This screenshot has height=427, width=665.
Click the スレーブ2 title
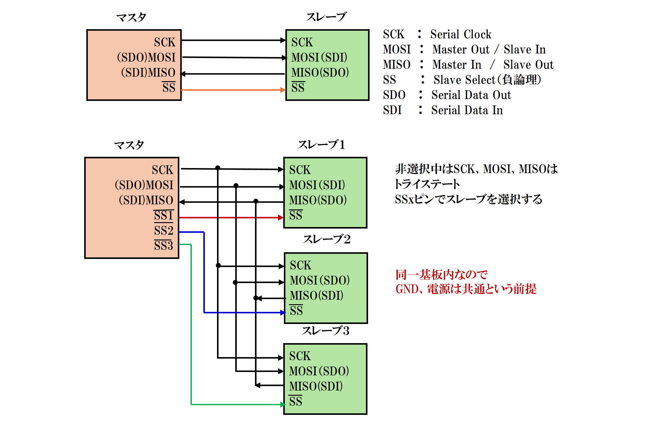tap(326, 239)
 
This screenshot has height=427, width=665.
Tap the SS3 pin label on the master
tap(164, 245)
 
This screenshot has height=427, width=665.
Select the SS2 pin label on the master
tap(164, 230)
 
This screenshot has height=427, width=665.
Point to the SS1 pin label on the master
tap(164, 215)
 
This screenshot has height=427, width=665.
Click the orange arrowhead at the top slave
tap(283, 90)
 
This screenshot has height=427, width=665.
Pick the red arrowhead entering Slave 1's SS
tap(281, 218)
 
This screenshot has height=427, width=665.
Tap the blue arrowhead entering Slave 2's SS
tap(283, 312)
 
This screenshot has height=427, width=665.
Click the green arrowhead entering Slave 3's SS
tap(282, 405)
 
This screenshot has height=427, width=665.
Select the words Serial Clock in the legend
tap(461, 34)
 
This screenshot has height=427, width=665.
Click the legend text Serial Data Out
tap(471, 95)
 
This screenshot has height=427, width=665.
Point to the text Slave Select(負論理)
tap(487, 80)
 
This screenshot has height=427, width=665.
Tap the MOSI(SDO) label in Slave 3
tap(319, 371)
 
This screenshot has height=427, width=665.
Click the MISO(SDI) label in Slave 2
tap(316, 295)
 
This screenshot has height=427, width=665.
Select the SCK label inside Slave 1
tap(300, 170)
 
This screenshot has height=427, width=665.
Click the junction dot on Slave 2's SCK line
tap(218, 266)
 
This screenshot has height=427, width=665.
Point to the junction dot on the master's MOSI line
tap(236, 185)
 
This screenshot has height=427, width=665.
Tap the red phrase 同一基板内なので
tap(441, 275)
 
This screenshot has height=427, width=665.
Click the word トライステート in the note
tap(427, 184)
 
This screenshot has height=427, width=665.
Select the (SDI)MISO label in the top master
tap(148, 73)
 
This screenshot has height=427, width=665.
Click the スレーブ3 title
tap(326, 331)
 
